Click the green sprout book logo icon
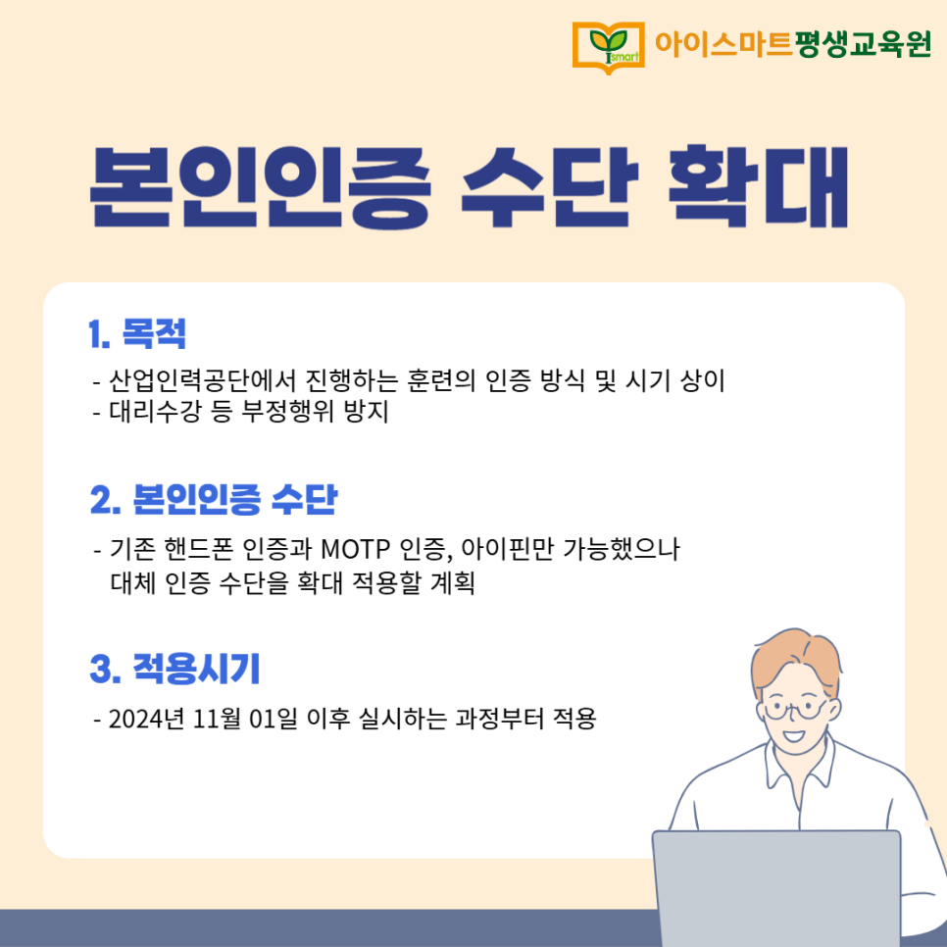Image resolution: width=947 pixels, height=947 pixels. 608,48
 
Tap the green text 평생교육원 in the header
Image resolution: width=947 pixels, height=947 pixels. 863,43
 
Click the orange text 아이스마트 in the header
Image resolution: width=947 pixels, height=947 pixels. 723,43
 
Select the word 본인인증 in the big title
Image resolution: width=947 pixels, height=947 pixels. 261,188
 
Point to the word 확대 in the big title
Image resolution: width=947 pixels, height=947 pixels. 759,186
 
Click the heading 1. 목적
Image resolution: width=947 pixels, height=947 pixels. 137,333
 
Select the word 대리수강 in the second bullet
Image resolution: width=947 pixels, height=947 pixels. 155,412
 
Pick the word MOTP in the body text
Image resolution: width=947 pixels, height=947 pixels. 355,550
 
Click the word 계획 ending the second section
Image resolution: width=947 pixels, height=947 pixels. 452,583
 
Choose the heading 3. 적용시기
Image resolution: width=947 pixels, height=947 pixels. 174,669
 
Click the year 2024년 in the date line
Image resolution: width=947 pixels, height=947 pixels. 146,719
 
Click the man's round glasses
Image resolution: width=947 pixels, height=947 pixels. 795,709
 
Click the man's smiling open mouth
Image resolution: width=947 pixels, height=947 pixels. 793,736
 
